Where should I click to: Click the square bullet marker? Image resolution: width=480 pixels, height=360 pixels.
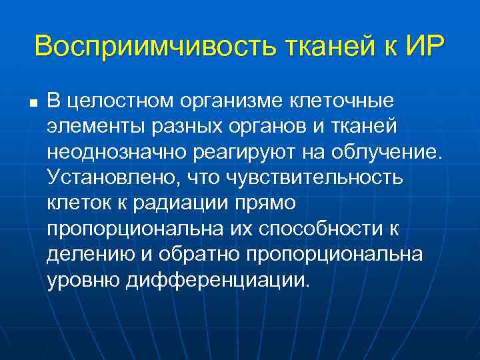(31, 103)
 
